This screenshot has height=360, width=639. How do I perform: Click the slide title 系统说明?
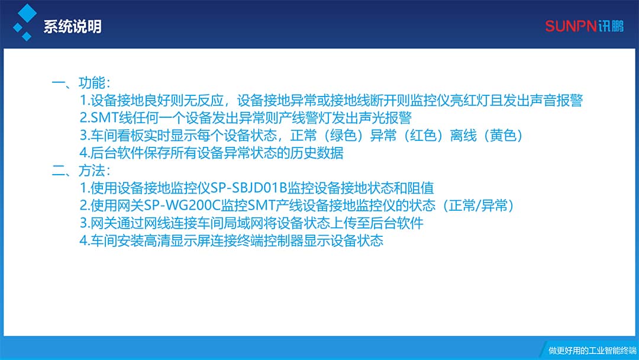[72, 27]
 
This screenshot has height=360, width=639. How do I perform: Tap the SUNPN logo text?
[571, 26]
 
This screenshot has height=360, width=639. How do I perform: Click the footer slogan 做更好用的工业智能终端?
[592, 350]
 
